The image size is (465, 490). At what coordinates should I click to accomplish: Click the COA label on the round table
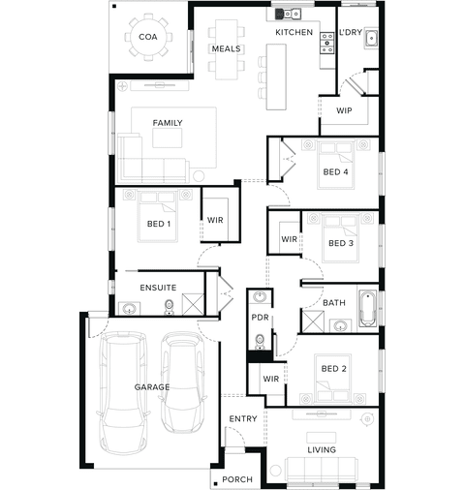(148, 37)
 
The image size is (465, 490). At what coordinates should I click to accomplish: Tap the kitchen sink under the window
(289, 14)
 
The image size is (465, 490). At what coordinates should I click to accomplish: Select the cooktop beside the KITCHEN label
(326, 43)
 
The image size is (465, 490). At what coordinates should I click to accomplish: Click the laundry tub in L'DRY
(371, 39)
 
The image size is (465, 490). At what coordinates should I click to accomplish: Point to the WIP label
(344, 110)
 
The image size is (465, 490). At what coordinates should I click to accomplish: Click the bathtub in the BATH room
(367, 308)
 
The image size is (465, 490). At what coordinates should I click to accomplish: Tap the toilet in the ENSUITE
(169, 307)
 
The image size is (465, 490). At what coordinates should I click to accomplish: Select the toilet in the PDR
(260, 342)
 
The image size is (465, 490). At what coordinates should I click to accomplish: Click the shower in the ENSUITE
(193, 304)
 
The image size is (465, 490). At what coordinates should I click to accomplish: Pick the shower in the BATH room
(312, 322)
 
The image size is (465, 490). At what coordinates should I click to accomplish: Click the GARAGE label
(152, 386)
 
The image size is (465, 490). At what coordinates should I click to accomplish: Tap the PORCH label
(237, 479)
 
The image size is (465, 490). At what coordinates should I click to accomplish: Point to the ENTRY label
(243, 418)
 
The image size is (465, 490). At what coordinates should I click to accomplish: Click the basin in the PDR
(260, 296)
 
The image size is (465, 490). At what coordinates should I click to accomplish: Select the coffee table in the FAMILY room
(167, 138)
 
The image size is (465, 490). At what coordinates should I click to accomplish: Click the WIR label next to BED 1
(215, 220)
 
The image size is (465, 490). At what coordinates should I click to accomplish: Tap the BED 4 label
(335, 171)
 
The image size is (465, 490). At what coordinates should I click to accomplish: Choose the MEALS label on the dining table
(226, 48)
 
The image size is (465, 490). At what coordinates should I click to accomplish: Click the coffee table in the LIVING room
(322, 438)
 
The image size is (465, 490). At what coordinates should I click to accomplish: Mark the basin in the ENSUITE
(129, 308)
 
